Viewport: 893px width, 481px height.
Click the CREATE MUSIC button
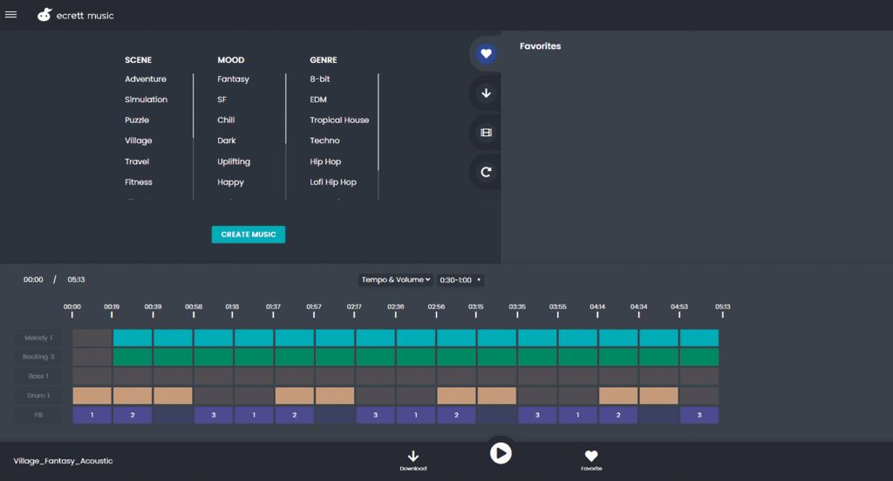pos(248,235)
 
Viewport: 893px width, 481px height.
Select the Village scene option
pos(138,141)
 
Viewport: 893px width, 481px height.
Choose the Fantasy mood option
pos(233,79)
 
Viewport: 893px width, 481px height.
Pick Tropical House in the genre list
pos(339,120)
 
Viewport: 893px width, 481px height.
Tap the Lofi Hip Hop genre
pos(333,182)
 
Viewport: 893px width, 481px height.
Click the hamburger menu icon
pos(11,15)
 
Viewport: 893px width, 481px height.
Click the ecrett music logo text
pos(85,16)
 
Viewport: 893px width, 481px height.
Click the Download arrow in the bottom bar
pos(413,457)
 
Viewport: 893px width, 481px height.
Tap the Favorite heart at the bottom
pos(591,457)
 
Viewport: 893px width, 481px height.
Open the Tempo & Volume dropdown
pos(396,280)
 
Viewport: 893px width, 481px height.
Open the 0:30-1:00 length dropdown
pos(460,280)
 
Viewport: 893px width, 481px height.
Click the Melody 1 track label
pos(37,338)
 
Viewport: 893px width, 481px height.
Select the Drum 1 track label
pos(37,395)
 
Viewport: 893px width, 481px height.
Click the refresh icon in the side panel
pos(486,172)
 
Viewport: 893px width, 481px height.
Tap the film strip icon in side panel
pos(486,133)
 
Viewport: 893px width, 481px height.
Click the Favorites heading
pos(540,46)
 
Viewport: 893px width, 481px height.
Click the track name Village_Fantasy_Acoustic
pos(63,461)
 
